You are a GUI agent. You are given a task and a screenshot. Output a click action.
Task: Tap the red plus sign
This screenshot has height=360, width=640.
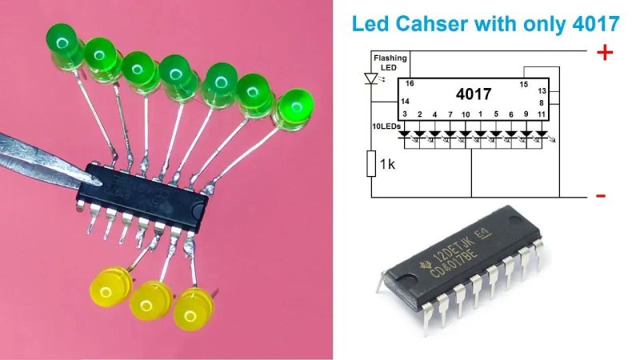(606, 53)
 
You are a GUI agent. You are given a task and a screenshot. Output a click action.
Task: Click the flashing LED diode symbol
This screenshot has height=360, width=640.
(371, 78)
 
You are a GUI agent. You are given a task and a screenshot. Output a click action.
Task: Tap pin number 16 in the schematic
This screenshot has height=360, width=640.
(410, 83)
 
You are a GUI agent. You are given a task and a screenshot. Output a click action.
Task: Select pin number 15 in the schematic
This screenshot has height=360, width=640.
(524, 83)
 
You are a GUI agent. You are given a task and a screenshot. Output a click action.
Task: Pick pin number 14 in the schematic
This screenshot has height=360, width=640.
(406, 102)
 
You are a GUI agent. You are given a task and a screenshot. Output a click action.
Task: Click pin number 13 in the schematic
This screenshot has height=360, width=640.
(541, 91)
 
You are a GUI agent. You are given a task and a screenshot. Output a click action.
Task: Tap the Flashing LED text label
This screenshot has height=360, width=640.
(390, 62)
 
